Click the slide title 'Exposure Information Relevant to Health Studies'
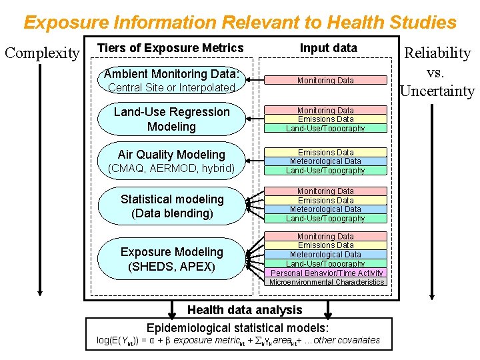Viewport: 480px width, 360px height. pos(240,22)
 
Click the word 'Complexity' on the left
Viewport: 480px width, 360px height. pos(42,53)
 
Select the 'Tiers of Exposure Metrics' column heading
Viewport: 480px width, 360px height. pos(171,48)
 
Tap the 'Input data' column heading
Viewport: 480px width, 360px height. pos(328,48)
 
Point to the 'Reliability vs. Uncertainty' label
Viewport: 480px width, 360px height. pos(437,72)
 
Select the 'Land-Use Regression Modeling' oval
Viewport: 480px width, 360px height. pos(171,119)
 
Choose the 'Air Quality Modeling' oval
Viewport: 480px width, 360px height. pos(171,161)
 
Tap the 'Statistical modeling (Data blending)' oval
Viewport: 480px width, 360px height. pos(171,206)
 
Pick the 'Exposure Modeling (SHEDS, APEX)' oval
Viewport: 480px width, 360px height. pos(171,259)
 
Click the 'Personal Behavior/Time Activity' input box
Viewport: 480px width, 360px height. pos(327,273)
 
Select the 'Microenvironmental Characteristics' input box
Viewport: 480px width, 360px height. pos(327,282)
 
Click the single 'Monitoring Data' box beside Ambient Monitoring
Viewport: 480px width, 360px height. pos(325,80)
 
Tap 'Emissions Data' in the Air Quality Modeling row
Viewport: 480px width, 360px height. pos(325,152)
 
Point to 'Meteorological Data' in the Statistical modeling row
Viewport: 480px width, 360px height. pos(325,209)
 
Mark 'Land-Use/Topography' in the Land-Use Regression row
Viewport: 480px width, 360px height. pos(325,128)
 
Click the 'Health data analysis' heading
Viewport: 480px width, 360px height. pos(245,309)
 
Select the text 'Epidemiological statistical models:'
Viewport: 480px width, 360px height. pos(238,327)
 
